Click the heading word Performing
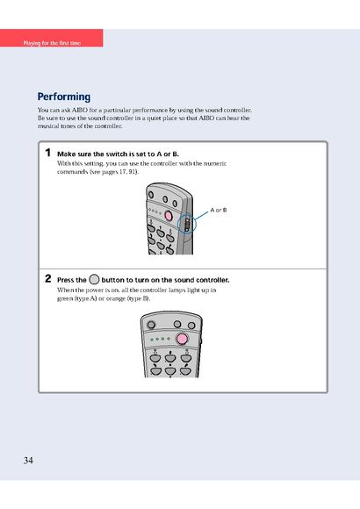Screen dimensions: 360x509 coord(64,97)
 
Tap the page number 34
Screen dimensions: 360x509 coord(28,461)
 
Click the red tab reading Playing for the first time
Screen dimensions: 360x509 coord(52,38)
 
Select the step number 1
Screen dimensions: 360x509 coord(48,153)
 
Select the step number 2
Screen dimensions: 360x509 coord(48,278)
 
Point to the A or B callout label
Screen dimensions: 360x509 coord(219,210)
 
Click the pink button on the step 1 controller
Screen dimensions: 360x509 coord(169,215)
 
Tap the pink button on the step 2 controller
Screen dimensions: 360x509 coord(182,340)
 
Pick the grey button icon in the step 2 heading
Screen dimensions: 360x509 coord(94,279)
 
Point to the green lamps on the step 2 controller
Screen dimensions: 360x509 coord(160,339)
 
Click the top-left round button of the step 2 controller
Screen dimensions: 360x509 coord(151,325)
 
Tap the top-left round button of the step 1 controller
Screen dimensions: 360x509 coord(151,195)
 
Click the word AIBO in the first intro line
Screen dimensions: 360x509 coord(80,110)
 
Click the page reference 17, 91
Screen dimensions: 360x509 coord(127,172)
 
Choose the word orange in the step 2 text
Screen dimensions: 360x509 coord(115,298)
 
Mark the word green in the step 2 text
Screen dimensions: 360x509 coord(65,298)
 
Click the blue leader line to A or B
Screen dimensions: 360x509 coord(201,215)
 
